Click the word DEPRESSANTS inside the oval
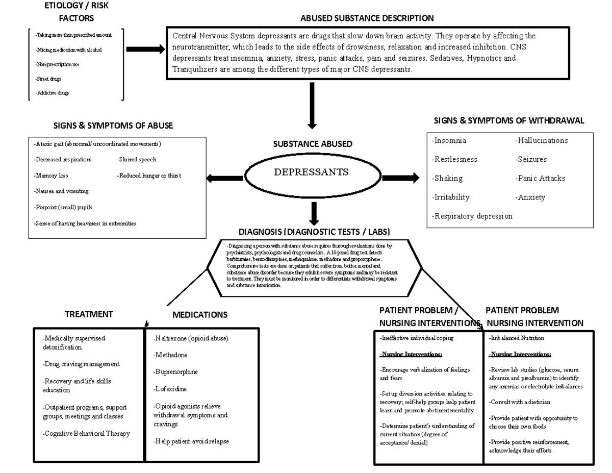(311, 172)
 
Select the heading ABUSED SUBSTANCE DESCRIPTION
(367, 18)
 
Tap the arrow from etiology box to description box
(145, 49)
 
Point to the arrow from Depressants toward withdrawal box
(400, 178)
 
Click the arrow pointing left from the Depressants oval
(224, 178)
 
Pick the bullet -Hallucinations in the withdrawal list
(541, 140)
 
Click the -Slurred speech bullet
(137, 160)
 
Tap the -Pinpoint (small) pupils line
(63, 208)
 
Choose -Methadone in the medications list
(170, 355)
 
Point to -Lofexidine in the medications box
(170, 389)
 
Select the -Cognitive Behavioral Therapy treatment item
(86, 434)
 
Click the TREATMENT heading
(89, 314)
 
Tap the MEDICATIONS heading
(199, 315)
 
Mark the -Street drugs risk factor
(49, 79)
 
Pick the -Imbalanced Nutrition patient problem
(516, 338)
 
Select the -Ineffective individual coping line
(416, 338)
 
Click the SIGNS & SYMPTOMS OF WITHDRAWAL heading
(508, 121)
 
